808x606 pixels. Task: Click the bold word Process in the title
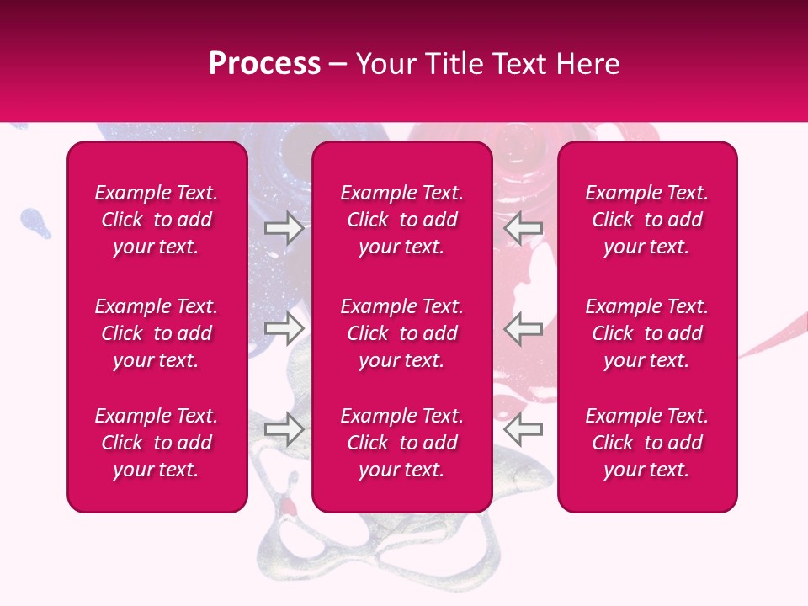(x=264, y=64)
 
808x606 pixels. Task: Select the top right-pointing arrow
(x=284, y=228)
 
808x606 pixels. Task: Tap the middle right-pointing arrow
(x=284, y=329)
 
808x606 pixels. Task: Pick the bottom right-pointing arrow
(x=284, y=429)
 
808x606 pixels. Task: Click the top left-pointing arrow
(x=524, y=228)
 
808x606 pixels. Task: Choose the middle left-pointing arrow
(x=524, y=329)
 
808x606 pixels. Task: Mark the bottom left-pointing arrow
(x=524, y=429)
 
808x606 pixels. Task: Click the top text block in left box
(x=157, y=220)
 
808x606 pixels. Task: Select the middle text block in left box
(x=157, y=333)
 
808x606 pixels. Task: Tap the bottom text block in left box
(x=157, y=443)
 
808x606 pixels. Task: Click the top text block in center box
(x=401, y=220)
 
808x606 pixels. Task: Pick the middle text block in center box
(x=401, y=333)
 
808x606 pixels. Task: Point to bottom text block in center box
(x=401, y=443)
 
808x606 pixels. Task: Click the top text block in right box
(x=646, y=220)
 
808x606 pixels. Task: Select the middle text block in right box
(x=646, y=333)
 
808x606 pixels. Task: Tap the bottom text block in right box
(x=646, y=443)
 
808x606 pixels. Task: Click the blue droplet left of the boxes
(x=32, y=220)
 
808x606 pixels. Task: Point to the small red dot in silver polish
(x=289, y=508)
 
